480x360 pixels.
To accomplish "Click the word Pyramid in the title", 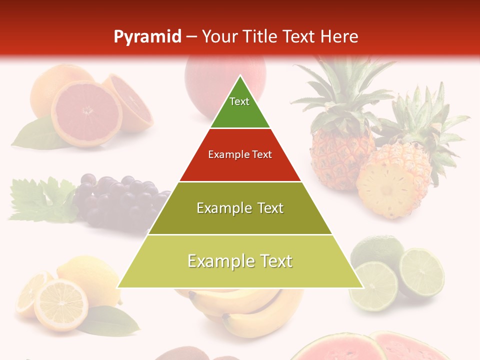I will pyautogui.click(x=147, y=37).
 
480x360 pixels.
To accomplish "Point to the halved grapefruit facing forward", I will pyautogui.click(x=86, y=113).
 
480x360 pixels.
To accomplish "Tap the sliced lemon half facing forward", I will pyautogui.click(x=60, y=305).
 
